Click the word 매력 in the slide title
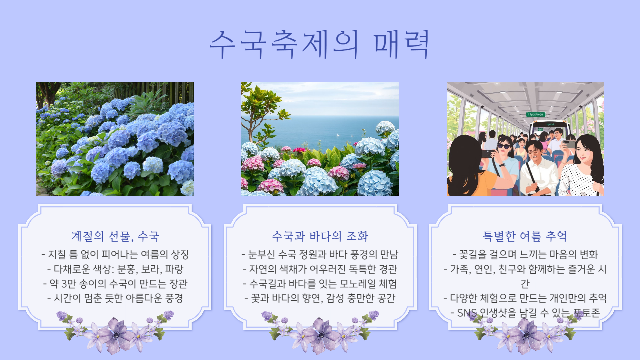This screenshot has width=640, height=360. tap(401, 44)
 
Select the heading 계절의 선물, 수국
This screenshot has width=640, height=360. tap(115, 236)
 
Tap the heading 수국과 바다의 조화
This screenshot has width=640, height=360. tap(320, 236)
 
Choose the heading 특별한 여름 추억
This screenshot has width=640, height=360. tap(525, 236)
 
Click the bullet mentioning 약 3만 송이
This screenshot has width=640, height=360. tap(115, 284)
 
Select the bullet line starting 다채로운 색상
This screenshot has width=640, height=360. tap(115, 269)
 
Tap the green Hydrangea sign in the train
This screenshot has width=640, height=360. tap(536, 114)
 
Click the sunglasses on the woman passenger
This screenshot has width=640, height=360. tap(504, 146)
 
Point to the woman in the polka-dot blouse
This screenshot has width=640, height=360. tap(582, 167)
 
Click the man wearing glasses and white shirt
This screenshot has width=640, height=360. tap(537, 167)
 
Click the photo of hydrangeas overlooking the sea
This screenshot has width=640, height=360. tap(320, 139)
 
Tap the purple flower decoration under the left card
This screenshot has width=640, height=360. tap(115, 332)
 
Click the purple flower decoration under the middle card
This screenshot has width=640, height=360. tap(320, 332)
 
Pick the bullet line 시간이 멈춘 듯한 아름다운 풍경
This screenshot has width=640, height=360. tap(115, 298)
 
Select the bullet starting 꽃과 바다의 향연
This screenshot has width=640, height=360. tap(320, 298)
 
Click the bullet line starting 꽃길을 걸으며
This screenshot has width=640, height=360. tap(525, 255)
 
